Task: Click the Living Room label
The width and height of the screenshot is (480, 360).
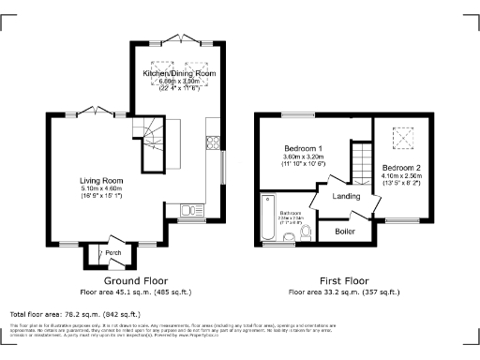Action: coord(100,180)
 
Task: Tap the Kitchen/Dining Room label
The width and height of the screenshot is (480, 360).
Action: coord(179,73)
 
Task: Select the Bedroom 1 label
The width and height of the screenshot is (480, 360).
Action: coord(304,149)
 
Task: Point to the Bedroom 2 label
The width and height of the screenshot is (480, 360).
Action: coord(401,167)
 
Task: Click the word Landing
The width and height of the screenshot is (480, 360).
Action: coord(347,196)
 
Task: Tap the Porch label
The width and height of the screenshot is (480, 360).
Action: coord(113,251)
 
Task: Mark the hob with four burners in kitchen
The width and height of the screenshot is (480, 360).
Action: coord(213,144)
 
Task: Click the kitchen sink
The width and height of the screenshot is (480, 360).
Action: coord(187,212)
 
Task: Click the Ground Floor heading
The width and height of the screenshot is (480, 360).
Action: coord(129,280)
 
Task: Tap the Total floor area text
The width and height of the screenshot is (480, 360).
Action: coord(74,314)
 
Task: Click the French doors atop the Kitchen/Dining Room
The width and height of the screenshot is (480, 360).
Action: coord(178,40)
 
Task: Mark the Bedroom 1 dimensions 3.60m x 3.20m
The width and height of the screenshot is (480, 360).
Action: coord(304,157)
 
